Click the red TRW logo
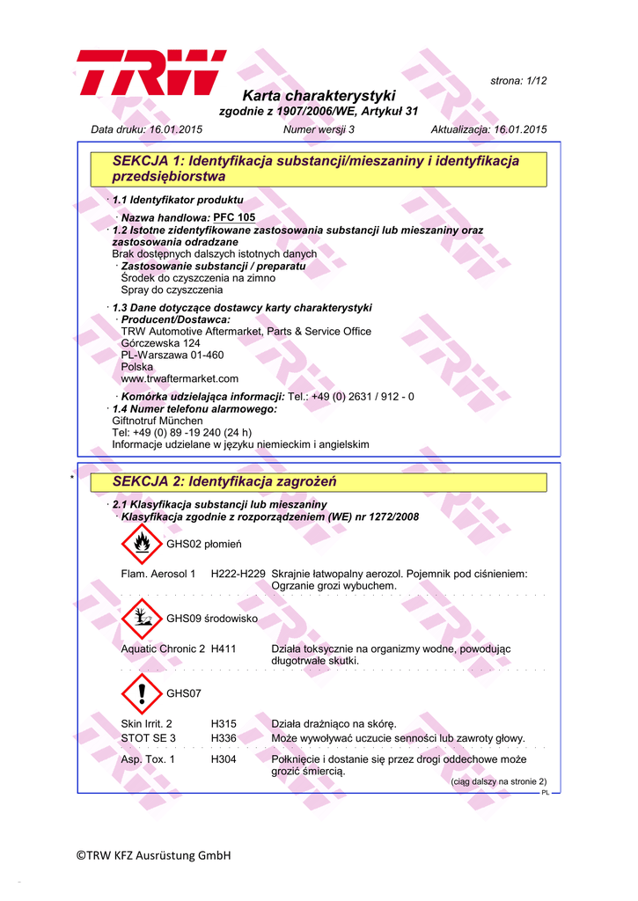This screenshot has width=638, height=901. tap(150, 72)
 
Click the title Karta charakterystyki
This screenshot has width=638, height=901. tap(319, 95)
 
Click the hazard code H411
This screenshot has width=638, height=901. tap(224, 648)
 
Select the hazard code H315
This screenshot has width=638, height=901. tap(224, 723)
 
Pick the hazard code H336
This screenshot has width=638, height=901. tap(224, 737)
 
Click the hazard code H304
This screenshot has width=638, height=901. tap(224, 758)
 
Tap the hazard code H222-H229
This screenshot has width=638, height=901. tap(238, 574)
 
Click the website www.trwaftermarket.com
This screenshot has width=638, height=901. tap(180, 378)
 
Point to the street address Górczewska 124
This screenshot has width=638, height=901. tap(160, 343)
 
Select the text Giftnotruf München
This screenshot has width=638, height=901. tap(157, 421)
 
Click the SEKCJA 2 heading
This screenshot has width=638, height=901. tap(225, 482)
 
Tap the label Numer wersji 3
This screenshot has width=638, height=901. tap(319, 129)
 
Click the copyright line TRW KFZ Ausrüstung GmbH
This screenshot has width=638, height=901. tap(152, 854)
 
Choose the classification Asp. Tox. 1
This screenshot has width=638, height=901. tap(148, 758)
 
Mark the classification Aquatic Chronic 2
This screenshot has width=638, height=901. tap(163, 648)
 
